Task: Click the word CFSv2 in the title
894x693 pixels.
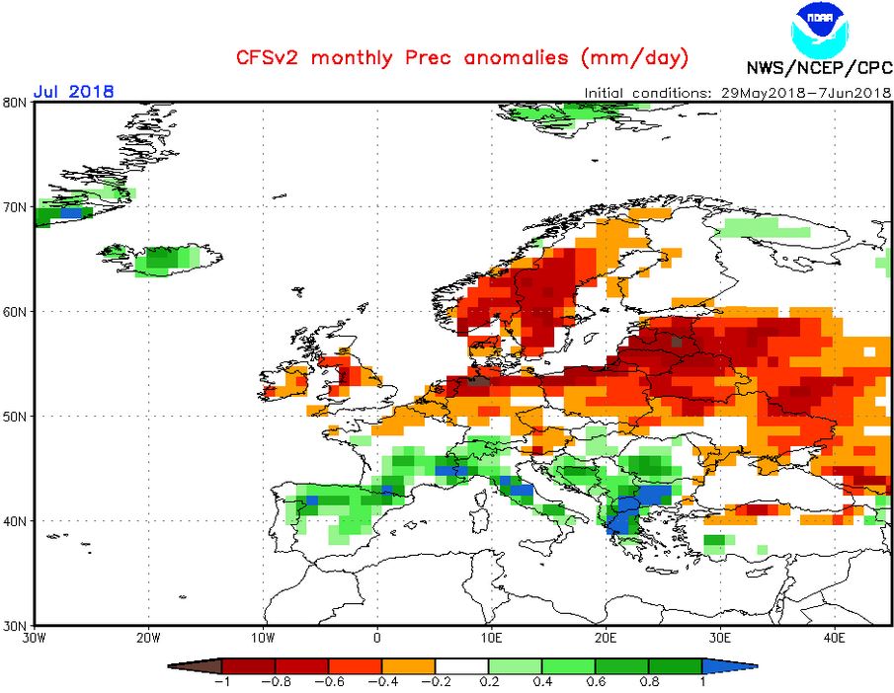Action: coord(268,56)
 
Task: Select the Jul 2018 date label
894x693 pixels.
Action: coord(73,91)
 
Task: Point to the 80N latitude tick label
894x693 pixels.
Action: coord(15,103)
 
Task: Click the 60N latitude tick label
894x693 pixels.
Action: coord(15,312)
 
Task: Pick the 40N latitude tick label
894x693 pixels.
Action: coord(15,520)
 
